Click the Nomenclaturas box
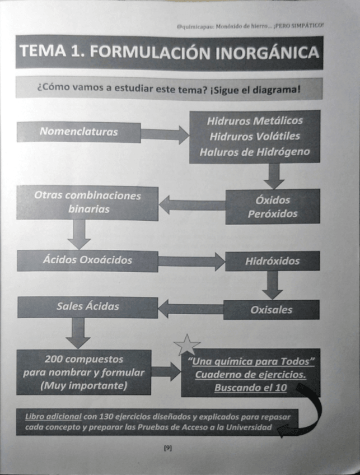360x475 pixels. coord(78,133)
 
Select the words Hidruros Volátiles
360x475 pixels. coord(255,136)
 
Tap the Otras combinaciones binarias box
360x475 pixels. coord(87,202)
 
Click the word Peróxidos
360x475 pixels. coord(273,213)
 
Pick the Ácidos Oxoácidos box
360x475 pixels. coord(87,260)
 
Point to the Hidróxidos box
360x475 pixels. coord(272,261)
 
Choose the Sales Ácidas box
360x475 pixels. coord(87,306)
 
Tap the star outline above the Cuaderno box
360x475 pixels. coord(186,344)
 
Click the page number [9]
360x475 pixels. coord(167,448)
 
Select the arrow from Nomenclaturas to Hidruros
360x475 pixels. coord(165,134)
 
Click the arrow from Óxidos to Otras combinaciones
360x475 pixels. coord(191,206)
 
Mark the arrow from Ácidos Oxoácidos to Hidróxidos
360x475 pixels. coord(191,261)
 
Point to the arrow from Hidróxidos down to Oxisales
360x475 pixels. coord(272,285)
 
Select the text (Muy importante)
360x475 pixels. coord(83,385)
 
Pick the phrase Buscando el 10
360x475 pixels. coord(250,386)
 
